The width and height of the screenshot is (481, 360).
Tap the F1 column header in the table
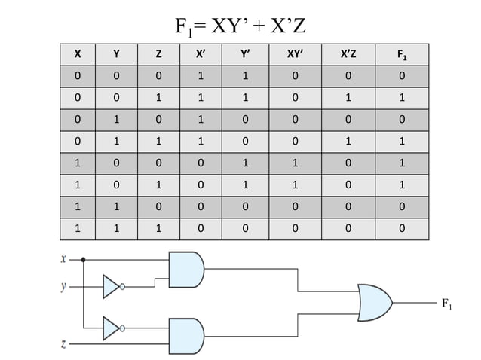403,54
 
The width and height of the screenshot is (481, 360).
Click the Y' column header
245,54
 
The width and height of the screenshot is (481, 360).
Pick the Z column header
158,54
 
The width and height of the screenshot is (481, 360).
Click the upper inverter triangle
112,286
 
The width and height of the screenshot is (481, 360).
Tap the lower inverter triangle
112,328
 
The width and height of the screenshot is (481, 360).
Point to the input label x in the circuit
63,258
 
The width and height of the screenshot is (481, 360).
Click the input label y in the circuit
63,287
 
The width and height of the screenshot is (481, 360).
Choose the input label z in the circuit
63,345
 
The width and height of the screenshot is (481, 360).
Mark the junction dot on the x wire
82,258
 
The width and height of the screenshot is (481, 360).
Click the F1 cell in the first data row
403,75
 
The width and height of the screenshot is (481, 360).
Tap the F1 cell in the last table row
403,228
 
